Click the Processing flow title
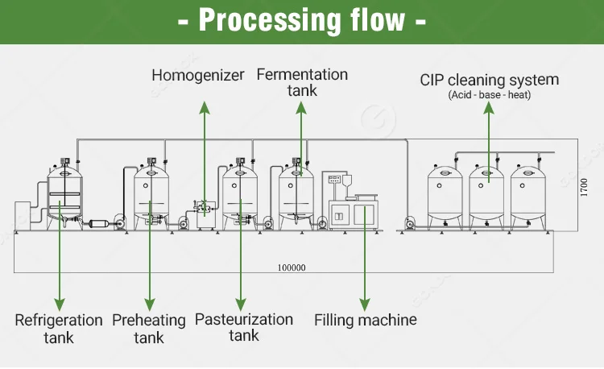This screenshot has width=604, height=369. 302,20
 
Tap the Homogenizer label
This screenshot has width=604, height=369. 198,75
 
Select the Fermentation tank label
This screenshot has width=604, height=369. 302,82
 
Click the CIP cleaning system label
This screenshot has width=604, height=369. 489,80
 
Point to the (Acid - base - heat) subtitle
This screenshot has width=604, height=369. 489,95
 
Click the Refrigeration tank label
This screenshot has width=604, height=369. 59,329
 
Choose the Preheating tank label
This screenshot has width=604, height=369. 149,329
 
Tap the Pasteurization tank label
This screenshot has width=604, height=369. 244,327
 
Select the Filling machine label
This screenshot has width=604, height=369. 365,320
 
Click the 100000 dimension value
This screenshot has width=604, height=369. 292,267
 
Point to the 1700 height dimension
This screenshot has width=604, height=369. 584,187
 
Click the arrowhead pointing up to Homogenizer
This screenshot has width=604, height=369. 205,108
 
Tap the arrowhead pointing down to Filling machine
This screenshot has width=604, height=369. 365,305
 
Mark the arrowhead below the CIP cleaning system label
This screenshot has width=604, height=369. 489,108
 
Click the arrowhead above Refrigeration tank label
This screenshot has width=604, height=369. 60,305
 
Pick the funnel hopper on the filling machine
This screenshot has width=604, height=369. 347,181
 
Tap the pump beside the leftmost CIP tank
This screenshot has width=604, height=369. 410,222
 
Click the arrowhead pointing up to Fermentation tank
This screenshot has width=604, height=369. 301,108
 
